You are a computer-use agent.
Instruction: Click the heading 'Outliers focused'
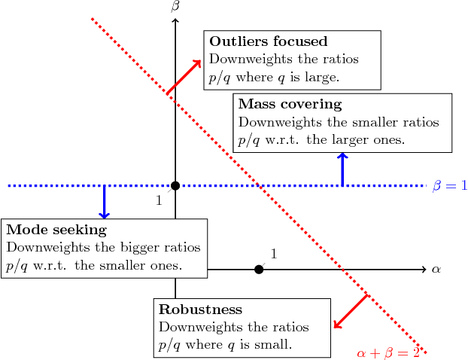click(268, 41)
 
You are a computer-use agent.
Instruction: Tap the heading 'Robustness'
click(200, 310)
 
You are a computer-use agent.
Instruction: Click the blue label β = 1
click(450, 185)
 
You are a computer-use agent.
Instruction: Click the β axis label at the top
click(175, 7)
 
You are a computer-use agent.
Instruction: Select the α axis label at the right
click(436, 269)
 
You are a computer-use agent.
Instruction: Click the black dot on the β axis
click(175, 185)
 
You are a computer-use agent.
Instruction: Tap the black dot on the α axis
click(259, 269)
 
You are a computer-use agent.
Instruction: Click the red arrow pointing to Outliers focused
click(184, 77)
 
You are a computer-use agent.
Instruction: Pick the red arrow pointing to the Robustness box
click(350, 311)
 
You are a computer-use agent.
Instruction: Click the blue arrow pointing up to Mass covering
click(342, 169)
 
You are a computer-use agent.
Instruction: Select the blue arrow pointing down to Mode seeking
click(104, 202)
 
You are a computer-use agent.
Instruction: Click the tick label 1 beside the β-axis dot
click(159, 200)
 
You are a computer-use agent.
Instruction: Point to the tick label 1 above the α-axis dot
click(273, 254)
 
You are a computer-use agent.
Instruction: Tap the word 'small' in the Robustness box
click(273, 344)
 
